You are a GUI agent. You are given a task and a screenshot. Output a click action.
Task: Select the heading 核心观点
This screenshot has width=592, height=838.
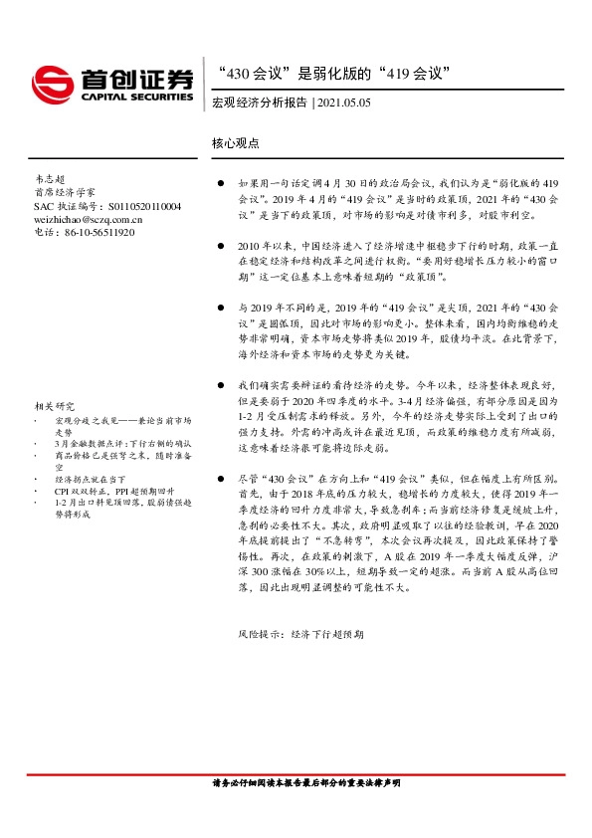235,143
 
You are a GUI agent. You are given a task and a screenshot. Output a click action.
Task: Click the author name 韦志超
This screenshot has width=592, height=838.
49,179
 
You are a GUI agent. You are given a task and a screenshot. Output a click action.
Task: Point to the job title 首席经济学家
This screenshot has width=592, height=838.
65,192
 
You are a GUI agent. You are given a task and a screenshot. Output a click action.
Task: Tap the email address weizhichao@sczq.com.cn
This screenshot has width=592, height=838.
88,219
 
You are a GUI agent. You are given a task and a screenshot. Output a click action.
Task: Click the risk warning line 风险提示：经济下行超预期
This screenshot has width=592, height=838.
300,633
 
